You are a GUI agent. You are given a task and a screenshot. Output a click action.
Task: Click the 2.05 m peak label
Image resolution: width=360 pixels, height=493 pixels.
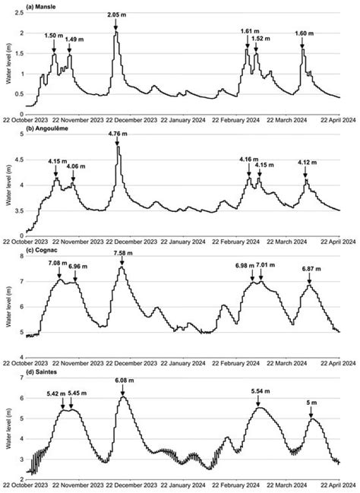click(116, 15)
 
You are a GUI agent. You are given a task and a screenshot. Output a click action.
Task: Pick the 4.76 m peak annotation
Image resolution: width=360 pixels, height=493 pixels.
click(118, 134)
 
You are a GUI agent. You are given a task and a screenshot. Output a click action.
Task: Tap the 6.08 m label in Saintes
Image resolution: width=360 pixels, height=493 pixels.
click(122, 380)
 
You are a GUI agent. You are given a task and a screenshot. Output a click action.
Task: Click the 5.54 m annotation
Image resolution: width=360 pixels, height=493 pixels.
click(260, 390)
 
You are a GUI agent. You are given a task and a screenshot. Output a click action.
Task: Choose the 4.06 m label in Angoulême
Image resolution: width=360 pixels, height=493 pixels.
click(76, 166)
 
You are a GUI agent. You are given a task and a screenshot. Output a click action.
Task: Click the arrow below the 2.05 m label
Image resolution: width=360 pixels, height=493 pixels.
click(116, 26)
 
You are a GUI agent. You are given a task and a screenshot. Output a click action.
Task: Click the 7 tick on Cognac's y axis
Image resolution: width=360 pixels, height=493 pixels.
click(21, 282)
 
